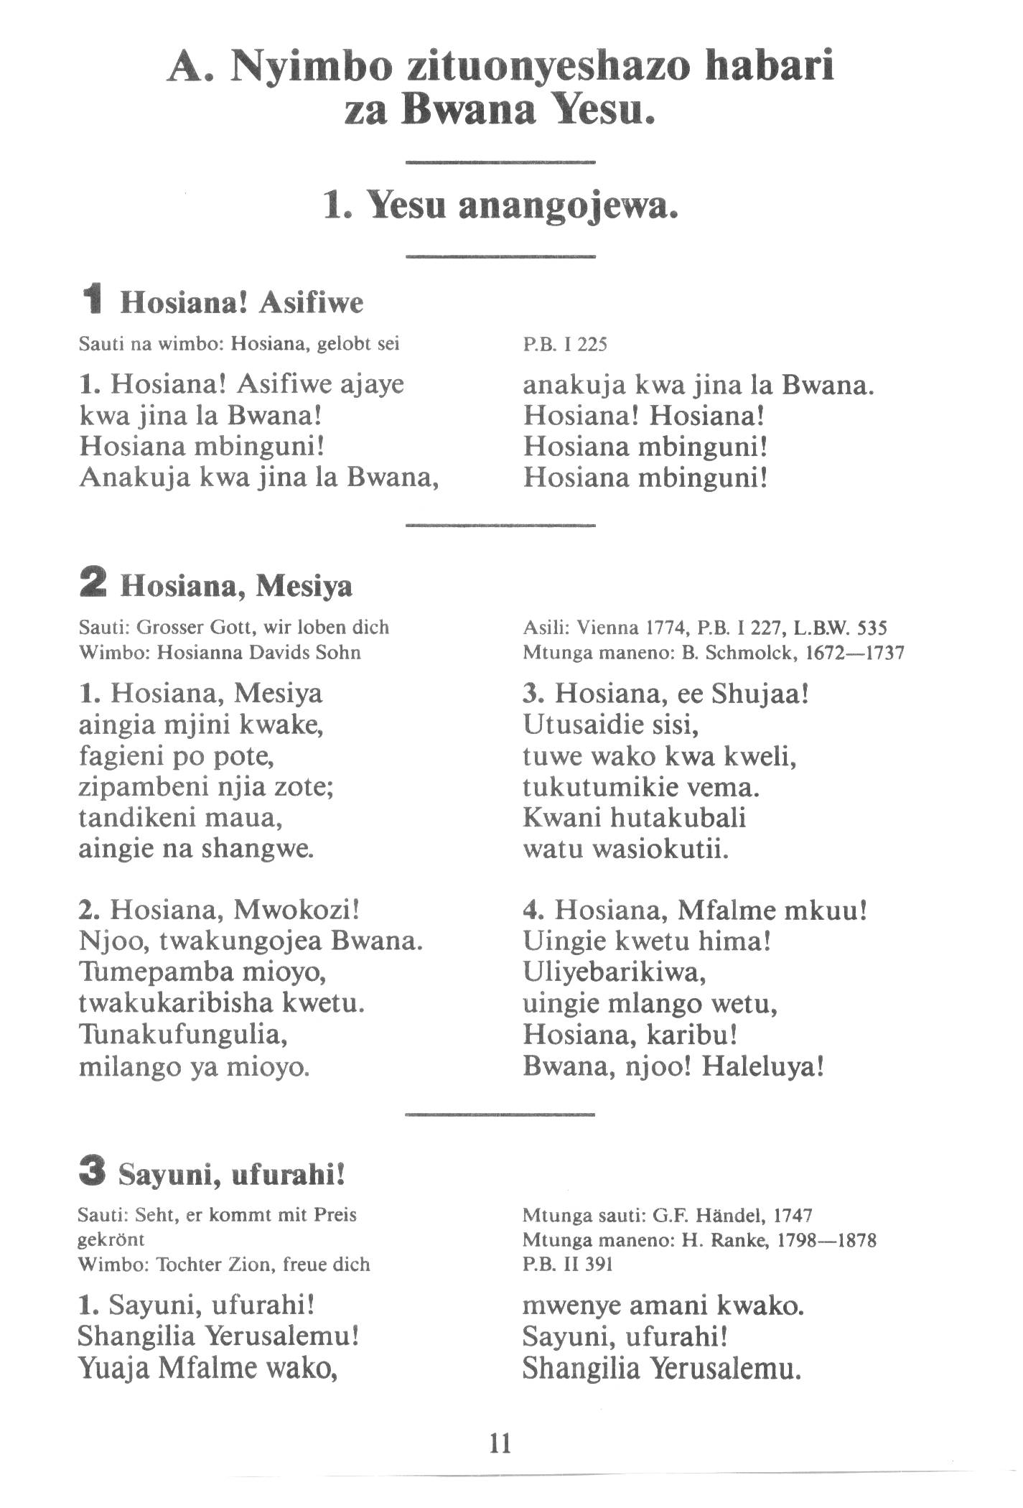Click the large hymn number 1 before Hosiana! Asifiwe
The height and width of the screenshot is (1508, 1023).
tap(93, 302)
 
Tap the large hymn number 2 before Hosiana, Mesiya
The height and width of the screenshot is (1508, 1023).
tap(93, 586)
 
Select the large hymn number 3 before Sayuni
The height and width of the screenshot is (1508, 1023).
tap(93, 1175)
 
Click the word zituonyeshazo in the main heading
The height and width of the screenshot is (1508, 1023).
tap(551, 68)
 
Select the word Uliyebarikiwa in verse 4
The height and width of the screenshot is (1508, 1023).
tap(615, 973)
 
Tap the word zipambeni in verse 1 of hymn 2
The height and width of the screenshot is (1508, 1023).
tap(142, 788)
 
